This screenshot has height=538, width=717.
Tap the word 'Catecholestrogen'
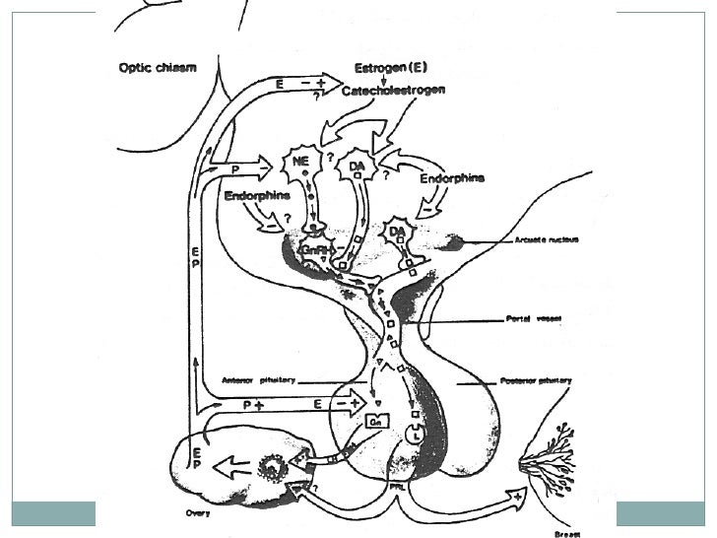click(394, 91)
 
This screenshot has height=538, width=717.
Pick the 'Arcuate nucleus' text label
click(545, 238)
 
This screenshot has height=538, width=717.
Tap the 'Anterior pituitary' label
click(258, 380)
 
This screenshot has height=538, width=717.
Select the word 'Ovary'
click(198, 512)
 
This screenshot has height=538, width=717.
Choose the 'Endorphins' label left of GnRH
click(253, 196)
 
